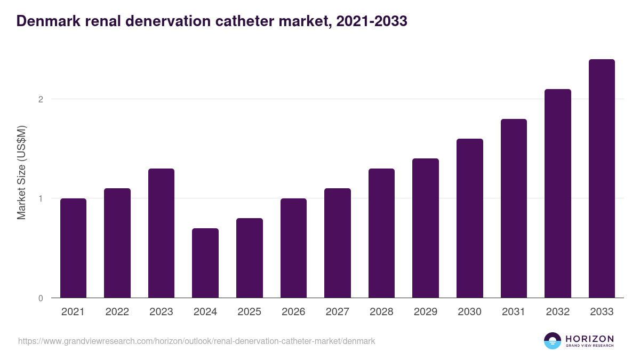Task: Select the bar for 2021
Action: coord(73,248)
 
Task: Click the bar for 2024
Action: coord(205,263)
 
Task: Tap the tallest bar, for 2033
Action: coord(602,179)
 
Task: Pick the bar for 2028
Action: coord(381,233)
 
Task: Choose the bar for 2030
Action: coord(469,218)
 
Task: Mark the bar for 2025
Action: coord(250,258)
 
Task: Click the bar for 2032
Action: coord(558,194)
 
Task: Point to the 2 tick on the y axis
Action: coord(40,99)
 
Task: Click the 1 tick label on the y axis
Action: coord(40,198)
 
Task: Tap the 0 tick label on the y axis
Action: coord(40,298)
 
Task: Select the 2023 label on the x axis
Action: coord(161,312)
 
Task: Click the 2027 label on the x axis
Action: coord(338,312)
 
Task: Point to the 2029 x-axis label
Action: coord(426,312)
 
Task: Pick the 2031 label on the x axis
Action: coord(514,312)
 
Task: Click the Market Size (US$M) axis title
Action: coord(21,172)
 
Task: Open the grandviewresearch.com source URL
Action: coord(197,341)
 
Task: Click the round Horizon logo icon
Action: coord(553,341)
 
